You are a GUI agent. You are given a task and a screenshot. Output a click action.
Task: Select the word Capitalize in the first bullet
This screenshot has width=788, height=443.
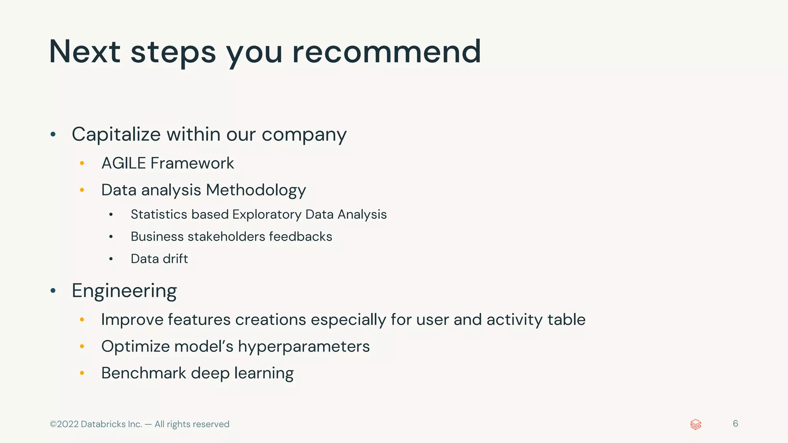116,135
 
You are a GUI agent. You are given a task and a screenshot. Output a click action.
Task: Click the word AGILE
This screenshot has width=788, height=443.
124,163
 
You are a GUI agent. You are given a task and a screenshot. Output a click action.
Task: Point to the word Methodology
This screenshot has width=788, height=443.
256,190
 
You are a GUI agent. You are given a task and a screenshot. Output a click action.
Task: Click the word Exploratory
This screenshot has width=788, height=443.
267,215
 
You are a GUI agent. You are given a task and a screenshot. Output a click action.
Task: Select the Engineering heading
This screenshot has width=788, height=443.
124,291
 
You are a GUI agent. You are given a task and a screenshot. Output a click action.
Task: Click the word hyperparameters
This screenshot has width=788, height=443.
304,347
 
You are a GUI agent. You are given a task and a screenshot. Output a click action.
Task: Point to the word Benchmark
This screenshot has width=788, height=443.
144,373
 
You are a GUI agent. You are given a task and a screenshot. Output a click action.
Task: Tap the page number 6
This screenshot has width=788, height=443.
735,424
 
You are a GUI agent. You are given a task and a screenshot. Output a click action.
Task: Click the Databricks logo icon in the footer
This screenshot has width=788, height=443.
696,425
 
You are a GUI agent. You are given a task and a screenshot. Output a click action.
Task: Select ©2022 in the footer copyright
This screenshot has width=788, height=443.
64,424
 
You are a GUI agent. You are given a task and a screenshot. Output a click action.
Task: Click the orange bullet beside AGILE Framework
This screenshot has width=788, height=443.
82,163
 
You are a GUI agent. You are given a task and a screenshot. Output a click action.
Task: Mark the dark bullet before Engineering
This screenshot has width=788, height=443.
53,291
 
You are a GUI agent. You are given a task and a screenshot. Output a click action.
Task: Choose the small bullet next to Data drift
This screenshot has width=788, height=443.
111,259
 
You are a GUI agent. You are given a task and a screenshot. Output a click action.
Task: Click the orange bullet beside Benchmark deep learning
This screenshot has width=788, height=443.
82,373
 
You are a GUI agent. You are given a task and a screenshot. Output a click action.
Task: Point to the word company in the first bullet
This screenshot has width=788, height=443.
304,135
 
